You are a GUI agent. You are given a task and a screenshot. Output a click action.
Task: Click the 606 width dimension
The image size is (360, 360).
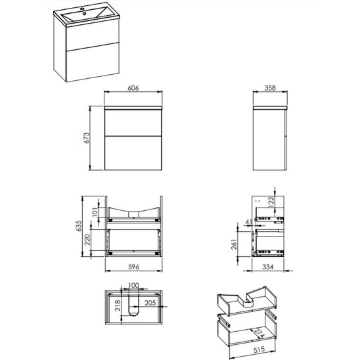[133, 88]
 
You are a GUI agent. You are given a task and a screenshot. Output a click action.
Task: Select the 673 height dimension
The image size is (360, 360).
[86, 138]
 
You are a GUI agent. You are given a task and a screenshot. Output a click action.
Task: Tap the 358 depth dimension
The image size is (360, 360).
[270, 88]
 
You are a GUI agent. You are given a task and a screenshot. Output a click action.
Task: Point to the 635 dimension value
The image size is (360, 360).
[79, 226]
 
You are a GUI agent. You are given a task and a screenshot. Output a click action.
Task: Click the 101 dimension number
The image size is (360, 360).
[95, 212]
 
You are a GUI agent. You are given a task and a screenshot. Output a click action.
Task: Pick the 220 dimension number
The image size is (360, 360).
[87, 240]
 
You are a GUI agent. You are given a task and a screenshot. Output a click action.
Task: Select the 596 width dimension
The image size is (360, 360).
[133, 267]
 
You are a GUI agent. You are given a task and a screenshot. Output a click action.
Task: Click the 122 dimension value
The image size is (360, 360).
[271, 202]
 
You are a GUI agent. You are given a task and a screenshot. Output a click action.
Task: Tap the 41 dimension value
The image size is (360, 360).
[249, 222]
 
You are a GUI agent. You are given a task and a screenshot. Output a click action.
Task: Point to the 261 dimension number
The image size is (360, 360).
[234, 244]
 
